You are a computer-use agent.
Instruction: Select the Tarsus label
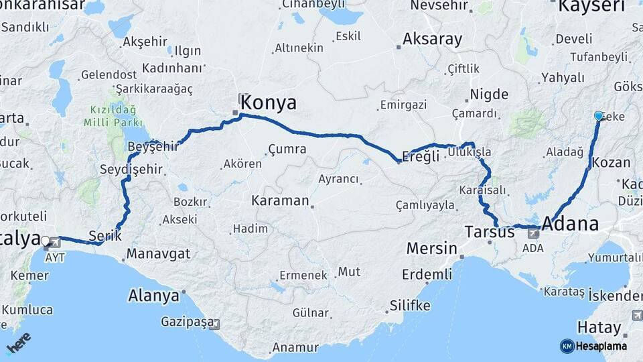click(x=489, y=232)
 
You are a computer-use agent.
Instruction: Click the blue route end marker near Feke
click(x=598, y=116)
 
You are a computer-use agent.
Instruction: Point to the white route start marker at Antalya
click(x=46, y=240)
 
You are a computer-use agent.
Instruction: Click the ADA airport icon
click(x=534, y=233)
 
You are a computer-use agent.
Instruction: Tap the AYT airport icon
click(x=51, y=245)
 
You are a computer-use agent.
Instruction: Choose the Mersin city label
click(x=431, y=249)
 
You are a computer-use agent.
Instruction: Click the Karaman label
click(x=280, y=200)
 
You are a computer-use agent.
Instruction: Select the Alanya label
click(x=153, y=295)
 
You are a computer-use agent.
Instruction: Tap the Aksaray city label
click(x=432, y=39)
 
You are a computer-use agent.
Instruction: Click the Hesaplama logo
click(x=593, y=346)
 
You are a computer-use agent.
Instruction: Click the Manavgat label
click(x=159, y=253)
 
